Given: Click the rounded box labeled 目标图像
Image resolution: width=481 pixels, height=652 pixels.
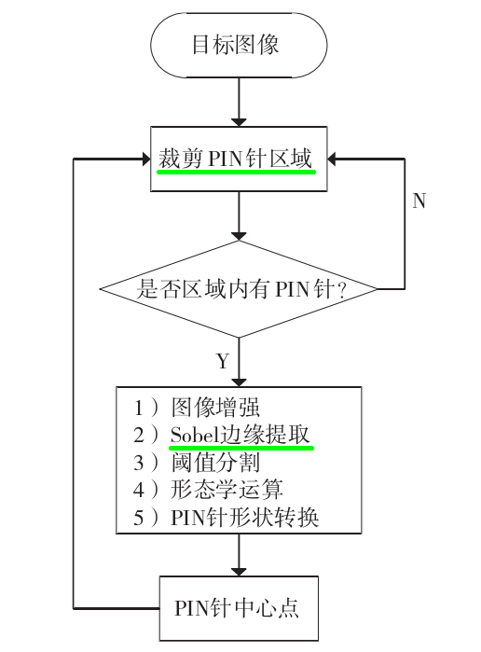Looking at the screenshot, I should [240, 45].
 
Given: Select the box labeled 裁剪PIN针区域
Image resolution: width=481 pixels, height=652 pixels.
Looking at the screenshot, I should [240, 159].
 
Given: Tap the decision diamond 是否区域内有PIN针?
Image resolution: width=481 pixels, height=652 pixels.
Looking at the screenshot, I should [240, 290].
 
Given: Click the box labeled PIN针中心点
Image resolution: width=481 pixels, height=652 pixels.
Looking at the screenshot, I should [240, 607].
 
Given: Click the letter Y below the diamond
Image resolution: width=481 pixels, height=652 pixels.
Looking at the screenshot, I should [222, 359].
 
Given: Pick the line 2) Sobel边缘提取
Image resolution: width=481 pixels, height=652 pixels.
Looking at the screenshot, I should [224, 435].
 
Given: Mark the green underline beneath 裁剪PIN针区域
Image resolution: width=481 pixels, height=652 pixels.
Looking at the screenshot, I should [237, 173].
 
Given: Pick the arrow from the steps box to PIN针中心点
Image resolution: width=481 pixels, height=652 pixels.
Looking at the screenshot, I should [240, 558].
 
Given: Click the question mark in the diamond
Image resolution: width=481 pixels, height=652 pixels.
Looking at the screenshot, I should [341, 291].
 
